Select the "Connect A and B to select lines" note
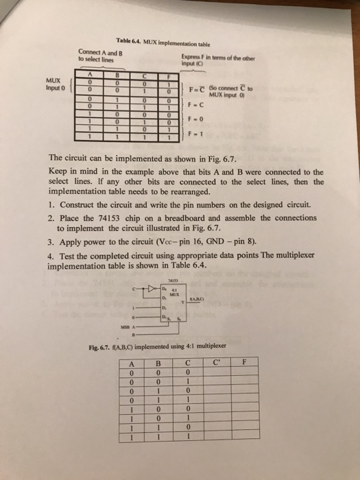101,57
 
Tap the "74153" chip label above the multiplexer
173,280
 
